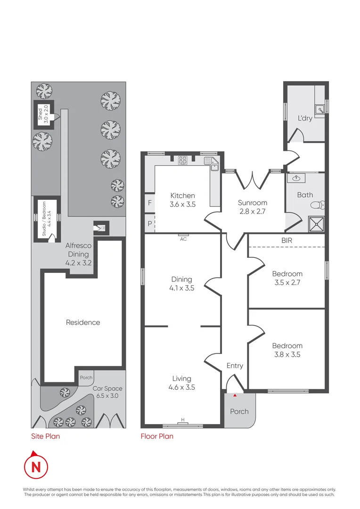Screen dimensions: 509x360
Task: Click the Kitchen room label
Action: coord(182,200)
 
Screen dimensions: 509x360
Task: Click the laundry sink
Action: coord(320,110)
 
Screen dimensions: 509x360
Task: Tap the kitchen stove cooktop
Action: coord(182,160)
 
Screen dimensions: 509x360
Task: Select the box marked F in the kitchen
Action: coord(149,204)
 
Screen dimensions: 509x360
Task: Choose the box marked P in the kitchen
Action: coord(149,224)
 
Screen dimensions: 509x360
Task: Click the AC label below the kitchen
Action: coord(183,239)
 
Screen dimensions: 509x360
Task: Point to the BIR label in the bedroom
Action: coord(287,240)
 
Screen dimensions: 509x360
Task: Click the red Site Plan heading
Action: coord(45,436)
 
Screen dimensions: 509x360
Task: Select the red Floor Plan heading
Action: coord(157,436)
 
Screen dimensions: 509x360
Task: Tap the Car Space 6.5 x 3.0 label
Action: coord(107,392)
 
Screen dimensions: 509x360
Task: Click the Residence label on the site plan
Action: coord(83,322)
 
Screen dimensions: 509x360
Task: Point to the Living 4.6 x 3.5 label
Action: coord(181,383)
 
